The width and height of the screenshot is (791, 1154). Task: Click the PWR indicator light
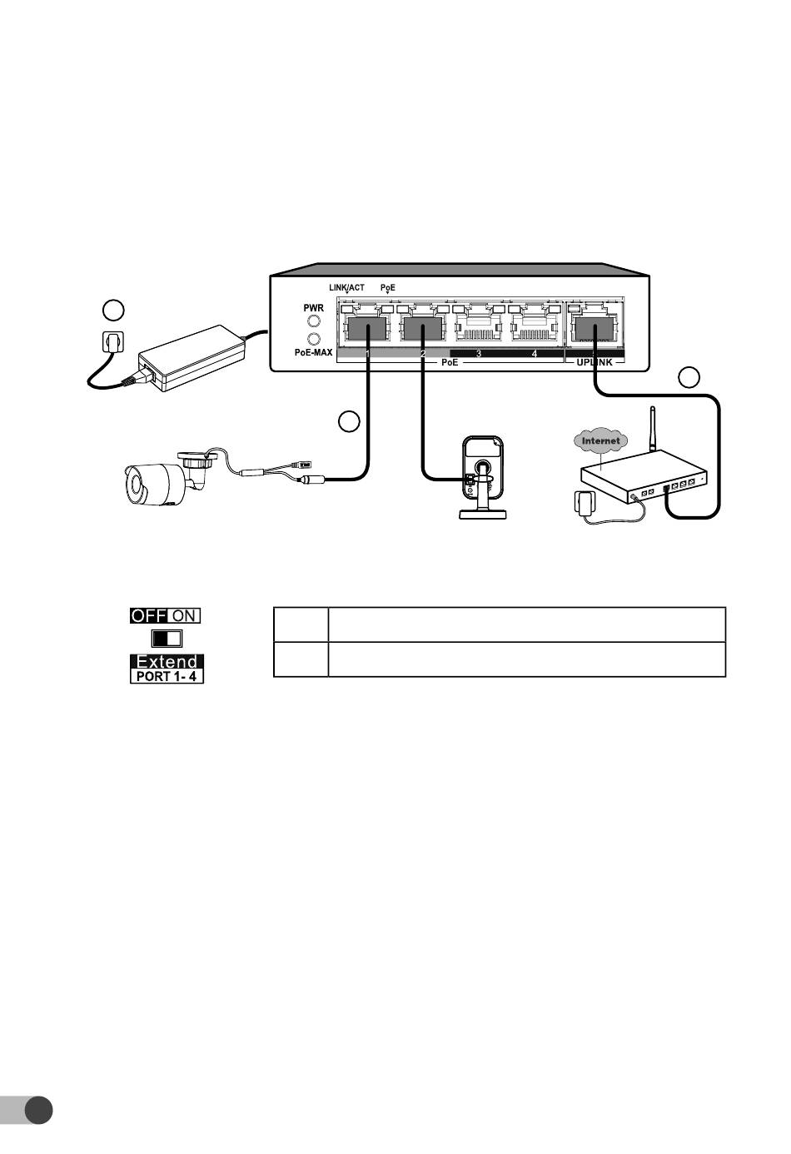point(313,321)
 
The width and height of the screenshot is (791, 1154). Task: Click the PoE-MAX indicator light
point(313,339)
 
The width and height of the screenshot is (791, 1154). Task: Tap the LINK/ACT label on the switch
point(347,287)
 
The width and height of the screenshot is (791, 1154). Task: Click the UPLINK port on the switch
point(594,325)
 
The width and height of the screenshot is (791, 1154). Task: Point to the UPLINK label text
point(594,363)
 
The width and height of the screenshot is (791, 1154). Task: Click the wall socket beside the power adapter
point(113,341)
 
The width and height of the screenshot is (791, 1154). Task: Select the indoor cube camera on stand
point(483,476)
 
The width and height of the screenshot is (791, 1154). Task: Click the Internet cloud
point(600,440)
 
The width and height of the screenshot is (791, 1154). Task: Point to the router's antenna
point(653,429)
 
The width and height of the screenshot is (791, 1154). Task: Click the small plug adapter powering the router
point(585,502)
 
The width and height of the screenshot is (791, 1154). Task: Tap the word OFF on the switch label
point(148,615)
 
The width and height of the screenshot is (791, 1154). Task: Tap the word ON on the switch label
point(184,615)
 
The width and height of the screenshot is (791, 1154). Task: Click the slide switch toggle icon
point(167,639)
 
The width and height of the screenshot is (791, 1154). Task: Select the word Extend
point(167,661)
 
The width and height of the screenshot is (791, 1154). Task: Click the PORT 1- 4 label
point(167,676)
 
